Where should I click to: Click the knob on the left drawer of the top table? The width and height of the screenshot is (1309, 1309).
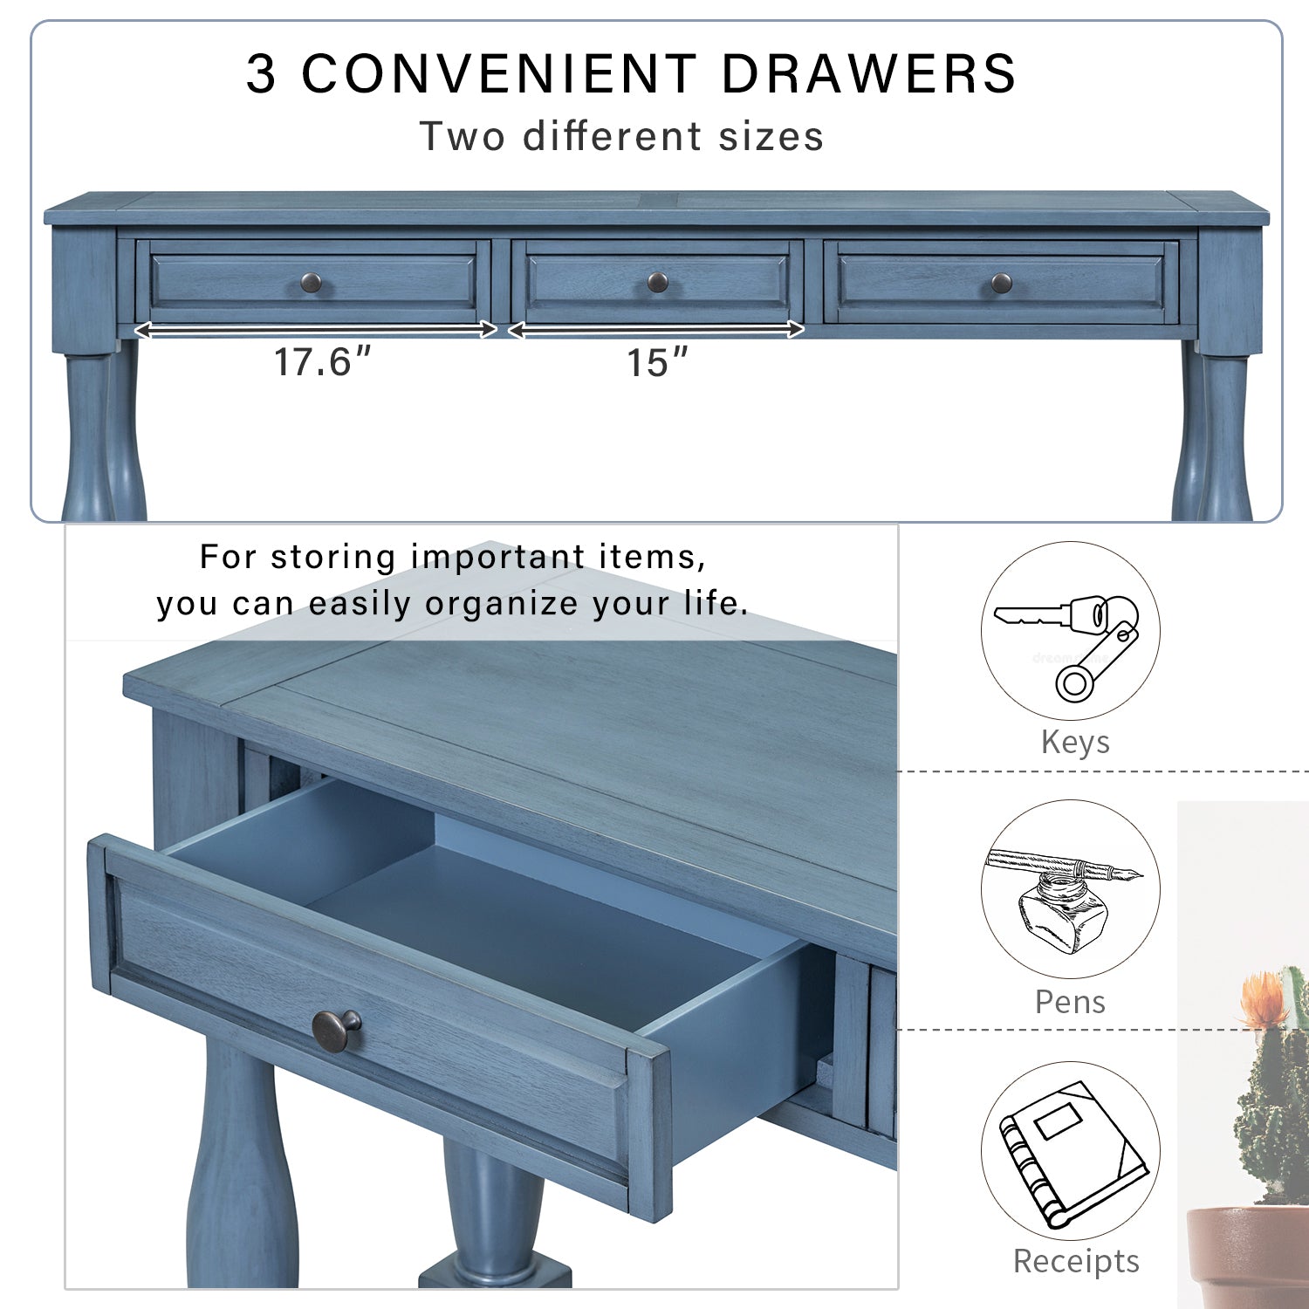click(x=312, y=283)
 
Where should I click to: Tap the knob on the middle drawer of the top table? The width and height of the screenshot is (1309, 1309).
click(x=658, y=282)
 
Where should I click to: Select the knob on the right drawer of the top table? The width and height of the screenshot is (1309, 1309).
click(x=1002, y=283)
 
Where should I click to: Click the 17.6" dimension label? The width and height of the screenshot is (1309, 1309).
click(x=323, y=362)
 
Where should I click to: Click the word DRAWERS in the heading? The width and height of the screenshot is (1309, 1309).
click(x=869, y=73)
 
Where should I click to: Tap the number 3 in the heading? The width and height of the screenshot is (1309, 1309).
click(x=261, y=73)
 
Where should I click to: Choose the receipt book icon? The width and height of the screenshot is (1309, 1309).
click(x=1070, y=1152)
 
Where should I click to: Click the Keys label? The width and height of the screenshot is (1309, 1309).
click(x=1075, y=743)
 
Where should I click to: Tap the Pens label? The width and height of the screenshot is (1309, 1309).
click(x=1070, y=1002)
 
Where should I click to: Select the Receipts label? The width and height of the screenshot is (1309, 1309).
click(x=1076, y=1261)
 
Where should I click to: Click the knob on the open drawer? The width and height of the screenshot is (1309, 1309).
click(x=337, y=1029)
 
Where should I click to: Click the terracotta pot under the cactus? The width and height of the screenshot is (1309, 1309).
click(x=1248, y=1257)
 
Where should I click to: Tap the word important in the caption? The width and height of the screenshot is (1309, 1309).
click(x=498, y=557)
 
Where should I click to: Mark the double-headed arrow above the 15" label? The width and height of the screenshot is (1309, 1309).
click(x=656, y=330)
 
